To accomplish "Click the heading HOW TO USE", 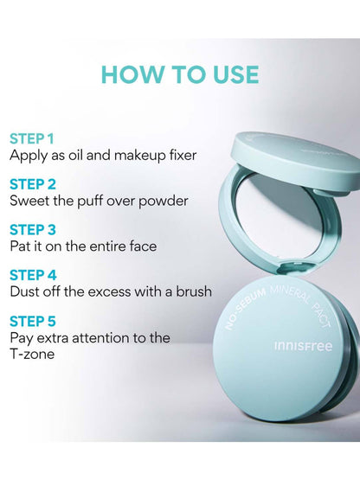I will tap(180, 74).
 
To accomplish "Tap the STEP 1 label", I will tap(32, 138).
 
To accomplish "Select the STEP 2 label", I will tap(33, 183).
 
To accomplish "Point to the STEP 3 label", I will tap(33, 229).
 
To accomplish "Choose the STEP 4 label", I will tap(33, 274).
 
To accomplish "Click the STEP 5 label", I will tap(33, 320).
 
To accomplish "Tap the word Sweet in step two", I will tap(29, 201).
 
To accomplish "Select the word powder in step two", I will tap(164, 201).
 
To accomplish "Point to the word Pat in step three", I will tap(22, 246).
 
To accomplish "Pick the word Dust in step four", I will tap(25, 291).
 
